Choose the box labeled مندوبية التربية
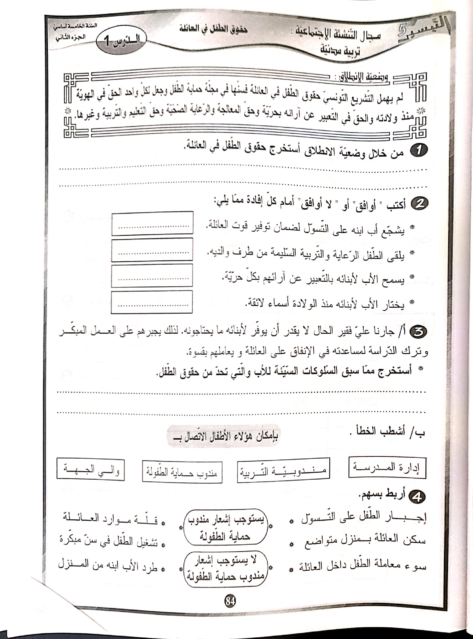pyautogui.click(x=283, y=471)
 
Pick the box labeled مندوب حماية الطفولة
pyautogui.click(x=182, y=472)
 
